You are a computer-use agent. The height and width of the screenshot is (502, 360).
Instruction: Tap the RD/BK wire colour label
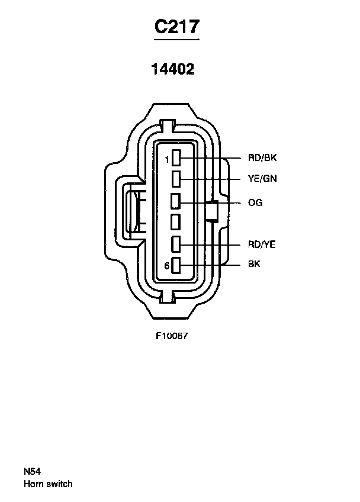pos(262,158)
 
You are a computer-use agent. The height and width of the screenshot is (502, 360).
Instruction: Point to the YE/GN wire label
pos(262,178)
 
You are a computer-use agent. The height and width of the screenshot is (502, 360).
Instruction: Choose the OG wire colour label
pos(255,202)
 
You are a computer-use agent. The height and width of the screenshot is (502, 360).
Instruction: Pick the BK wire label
pos(254,264)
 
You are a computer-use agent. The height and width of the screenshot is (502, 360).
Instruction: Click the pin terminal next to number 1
pos(176,158)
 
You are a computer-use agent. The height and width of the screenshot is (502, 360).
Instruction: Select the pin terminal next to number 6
pos(176,265)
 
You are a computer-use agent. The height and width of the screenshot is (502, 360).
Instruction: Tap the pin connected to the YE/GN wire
pos(176,179)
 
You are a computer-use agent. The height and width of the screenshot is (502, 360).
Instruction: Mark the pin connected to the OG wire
pos(175,201)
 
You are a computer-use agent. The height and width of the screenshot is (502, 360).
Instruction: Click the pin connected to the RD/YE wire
pos(176,244)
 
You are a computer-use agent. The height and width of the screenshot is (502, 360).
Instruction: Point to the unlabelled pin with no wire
pos(175,222)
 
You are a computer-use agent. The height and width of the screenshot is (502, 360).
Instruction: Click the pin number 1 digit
pos(167,160)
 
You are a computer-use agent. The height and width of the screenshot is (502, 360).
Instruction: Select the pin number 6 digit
pos(167,266)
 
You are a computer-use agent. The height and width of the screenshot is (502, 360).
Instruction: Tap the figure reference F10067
pos(172,336)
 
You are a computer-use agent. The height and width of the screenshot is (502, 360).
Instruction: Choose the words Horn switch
pos(48,484)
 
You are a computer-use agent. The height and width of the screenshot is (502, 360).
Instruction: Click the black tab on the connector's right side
pos(212,210)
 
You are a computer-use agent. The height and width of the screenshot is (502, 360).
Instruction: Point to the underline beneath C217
pos(176,40)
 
